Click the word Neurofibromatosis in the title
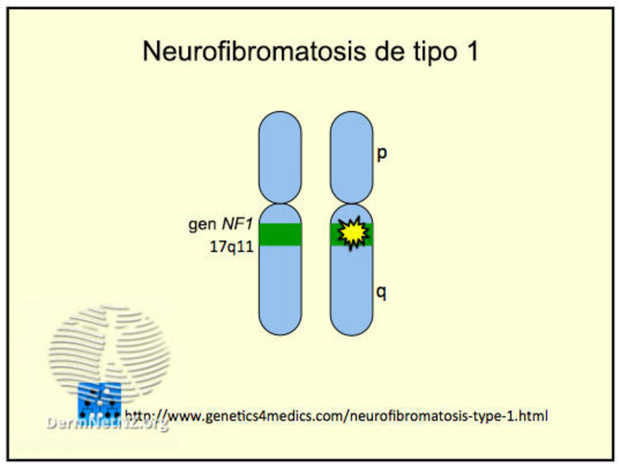point(254,51)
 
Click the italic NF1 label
point(237,224)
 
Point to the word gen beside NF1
point(202,225)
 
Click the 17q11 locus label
point(232,247)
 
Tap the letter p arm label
point(382,154)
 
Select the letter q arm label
point(381,292)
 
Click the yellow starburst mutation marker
point(353,233)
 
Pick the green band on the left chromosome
point(280,234)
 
